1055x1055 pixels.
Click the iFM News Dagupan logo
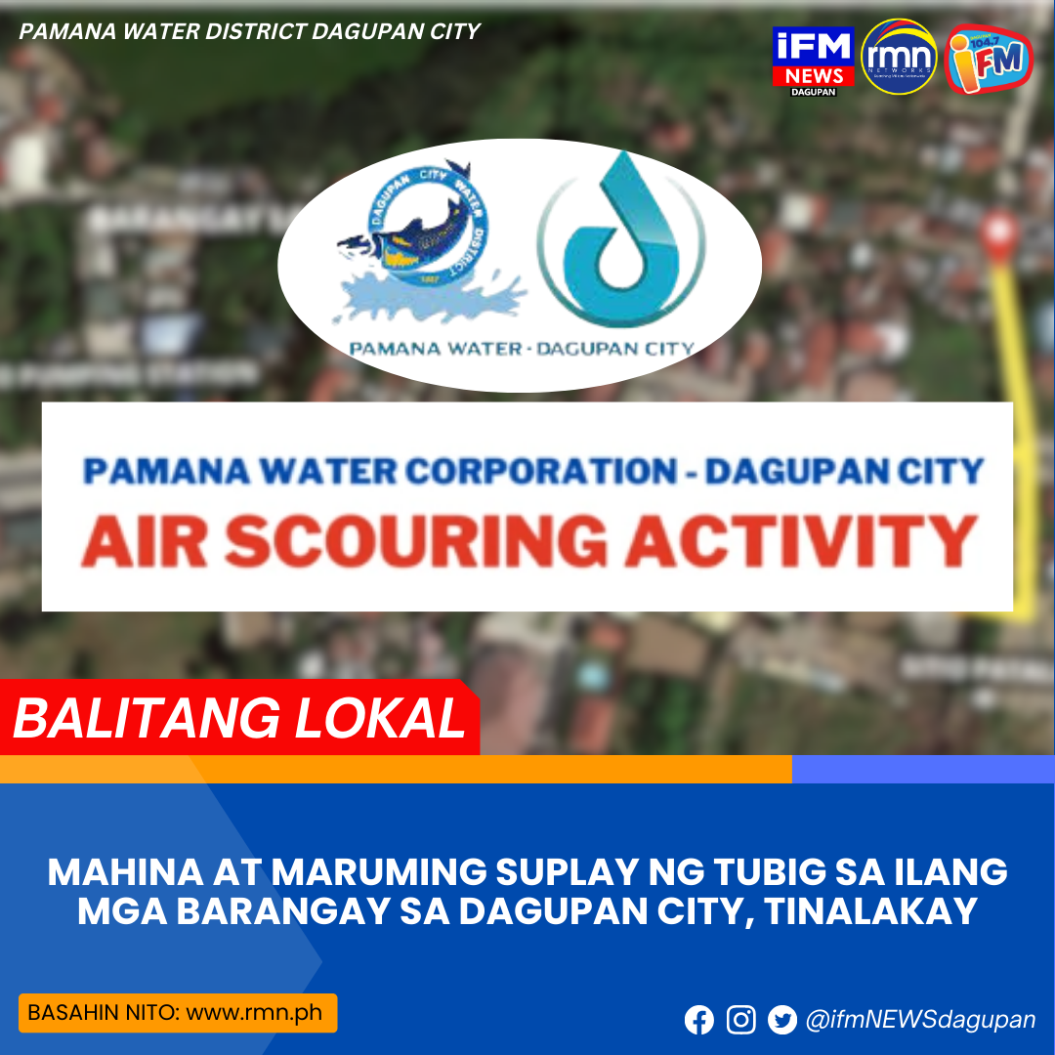[x=813, y=61]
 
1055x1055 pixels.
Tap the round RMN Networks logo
[x=900, y=58]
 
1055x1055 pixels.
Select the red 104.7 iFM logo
[x=989, y=60]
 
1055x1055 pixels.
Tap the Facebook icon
[x=699, y=1021]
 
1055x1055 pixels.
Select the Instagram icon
[x=741, y=1021]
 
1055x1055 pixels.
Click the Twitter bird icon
[x=782, y=1021]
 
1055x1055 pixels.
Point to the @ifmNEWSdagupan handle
[x=920, y=1021]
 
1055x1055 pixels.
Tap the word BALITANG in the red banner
[x=131, y=719]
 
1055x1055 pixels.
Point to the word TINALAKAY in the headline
[x=871, y=911]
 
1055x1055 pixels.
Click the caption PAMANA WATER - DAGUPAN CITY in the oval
[x=520, y=348]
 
